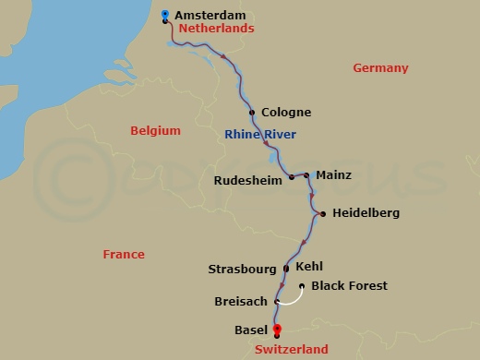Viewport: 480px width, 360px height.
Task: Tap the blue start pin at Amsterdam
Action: coord(164,14)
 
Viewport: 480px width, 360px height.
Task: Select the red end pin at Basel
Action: coord(276,330)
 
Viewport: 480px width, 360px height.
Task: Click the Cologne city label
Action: coord(286,113)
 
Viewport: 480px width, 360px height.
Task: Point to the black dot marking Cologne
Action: coord(252,113)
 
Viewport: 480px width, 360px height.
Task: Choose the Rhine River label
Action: coord(260,136)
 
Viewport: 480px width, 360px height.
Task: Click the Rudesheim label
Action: coord(247,181)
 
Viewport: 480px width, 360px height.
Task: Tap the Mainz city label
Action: coord(333,174)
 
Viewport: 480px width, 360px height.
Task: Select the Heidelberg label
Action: coord(366,213)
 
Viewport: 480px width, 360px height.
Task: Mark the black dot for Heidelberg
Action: coord(323,214)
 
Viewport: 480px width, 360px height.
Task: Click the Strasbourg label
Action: coord(243,270)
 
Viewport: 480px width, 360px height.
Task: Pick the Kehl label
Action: coord(309,267)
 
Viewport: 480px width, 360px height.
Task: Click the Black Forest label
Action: coord(349,286)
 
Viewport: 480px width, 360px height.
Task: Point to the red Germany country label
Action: coord(379,68)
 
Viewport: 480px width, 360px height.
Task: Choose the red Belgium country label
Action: coord(155,131)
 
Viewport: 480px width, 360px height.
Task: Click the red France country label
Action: coord(124,254)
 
